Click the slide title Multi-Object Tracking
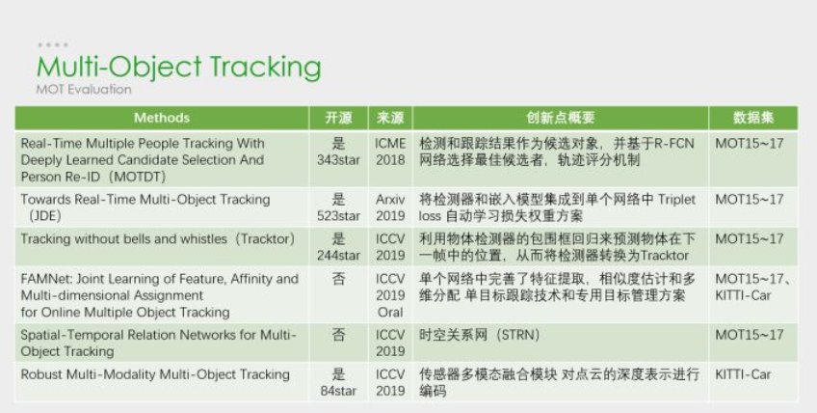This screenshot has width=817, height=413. click(179, 68)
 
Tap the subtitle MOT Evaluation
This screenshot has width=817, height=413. click(84, 90)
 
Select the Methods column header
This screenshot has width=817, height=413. click(162, 118)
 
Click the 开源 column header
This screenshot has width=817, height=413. click(339, 118)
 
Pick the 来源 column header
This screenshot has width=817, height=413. click(390, 118)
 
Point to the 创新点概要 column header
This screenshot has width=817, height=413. click(561, 118)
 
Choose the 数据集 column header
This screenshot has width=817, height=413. click(753, 118)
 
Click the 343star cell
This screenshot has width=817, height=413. click(339, 160)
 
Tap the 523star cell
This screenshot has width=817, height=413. click(339, 215)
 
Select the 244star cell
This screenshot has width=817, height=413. click(339, 256)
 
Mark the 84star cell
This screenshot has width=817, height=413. click(339, 391)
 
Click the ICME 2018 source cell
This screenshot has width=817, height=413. click(390, 151)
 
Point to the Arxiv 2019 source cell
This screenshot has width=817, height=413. click(390, 207)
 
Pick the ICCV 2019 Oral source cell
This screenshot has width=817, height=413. click(390, 295)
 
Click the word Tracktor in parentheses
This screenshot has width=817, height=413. click(266, 239)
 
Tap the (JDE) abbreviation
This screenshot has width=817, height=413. click(41, 215)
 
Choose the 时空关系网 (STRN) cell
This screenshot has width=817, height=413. click(480, 335)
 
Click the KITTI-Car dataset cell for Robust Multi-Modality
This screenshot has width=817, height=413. click(743, 374)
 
